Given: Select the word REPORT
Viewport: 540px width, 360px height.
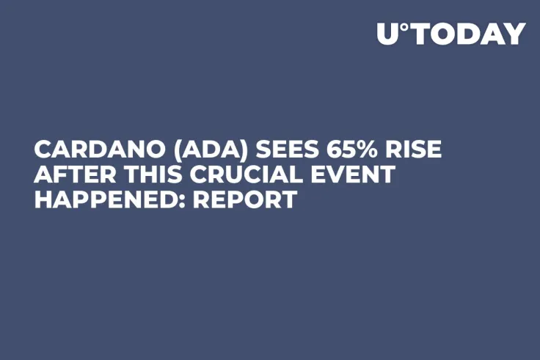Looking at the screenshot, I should (x=244, y=199).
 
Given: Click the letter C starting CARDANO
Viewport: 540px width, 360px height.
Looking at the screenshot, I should (x=43, y=150).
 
